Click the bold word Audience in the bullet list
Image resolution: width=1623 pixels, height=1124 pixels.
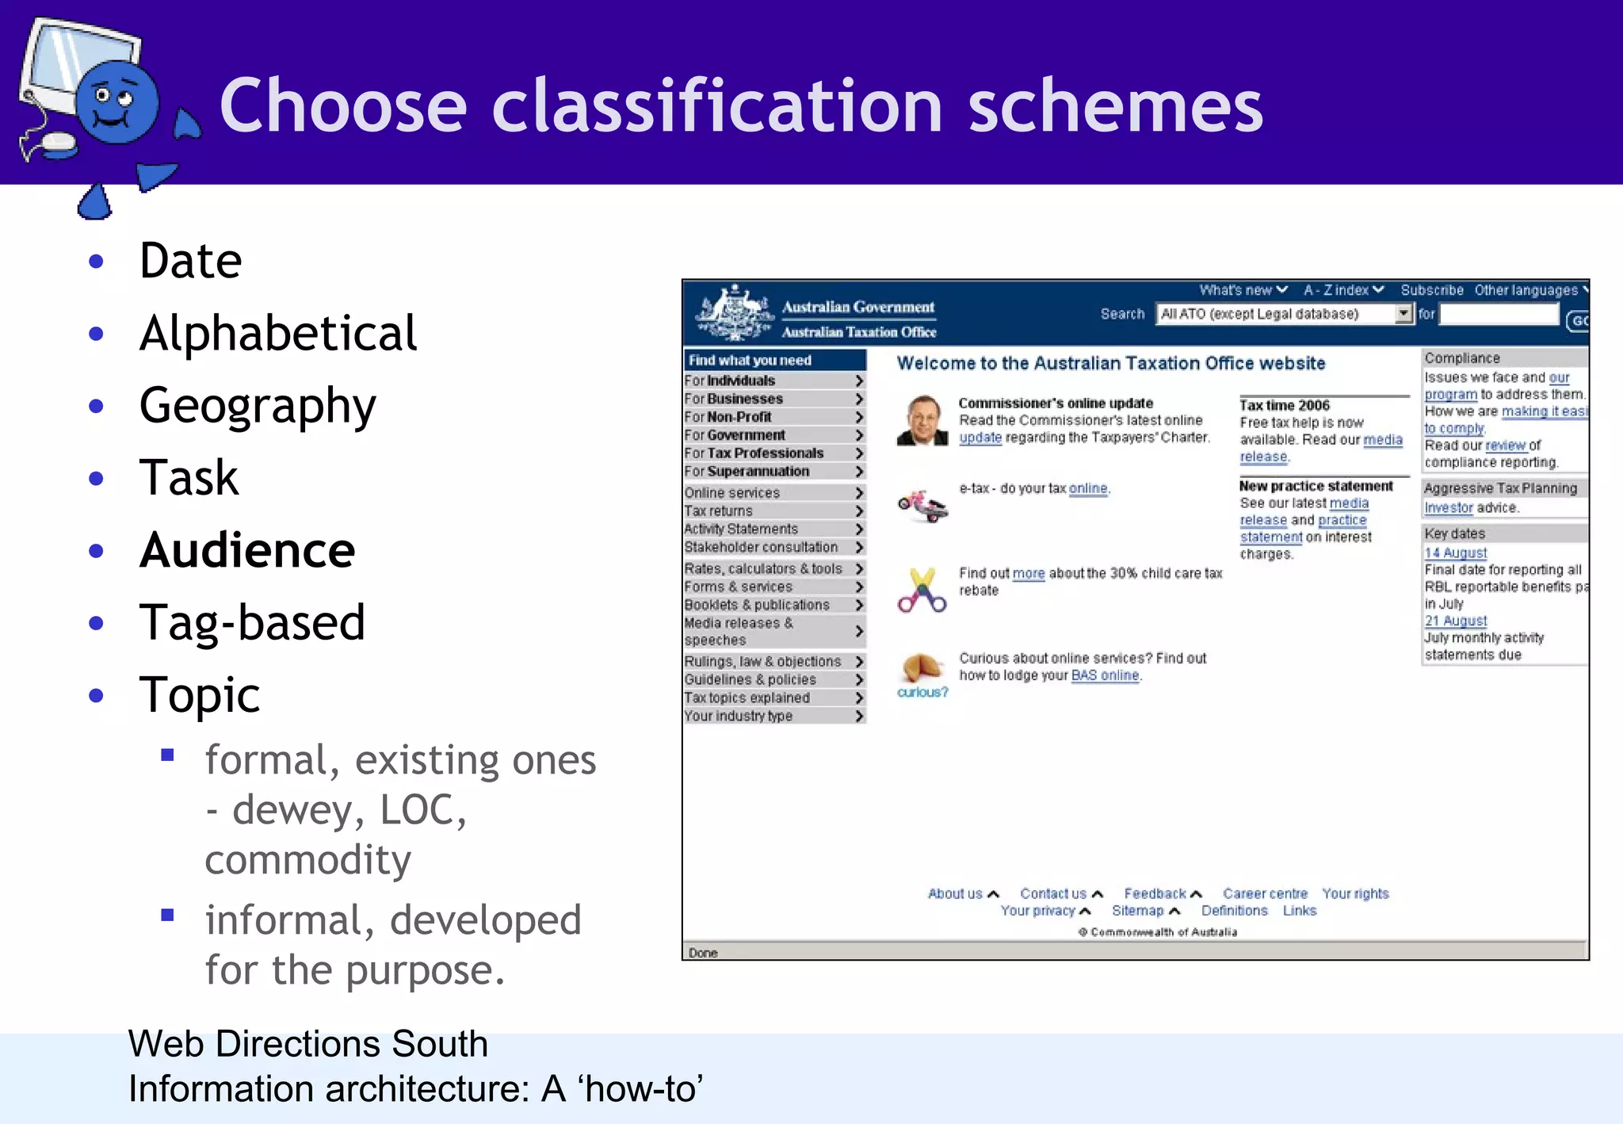247,550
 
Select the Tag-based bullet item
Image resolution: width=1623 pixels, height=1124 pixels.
252,622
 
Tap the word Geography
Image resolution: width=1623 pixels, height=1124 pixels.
258,406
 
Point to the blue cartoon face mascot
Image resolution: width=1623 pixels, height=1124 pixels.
116,103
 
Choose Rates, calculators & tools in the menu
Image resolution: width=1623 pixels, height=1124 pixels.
763,569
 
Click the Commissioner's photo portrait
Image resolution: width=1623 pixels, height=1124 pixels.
922,421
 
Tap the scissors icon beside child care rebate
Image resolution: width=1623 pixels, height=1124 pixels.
922,591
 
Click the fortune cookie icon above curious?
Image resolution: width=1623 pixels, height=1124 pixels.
922,667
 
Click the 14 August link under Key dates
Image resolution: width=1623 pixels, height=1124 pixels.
1455,552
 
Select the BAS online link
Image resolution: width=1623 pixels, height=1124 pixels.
1105,675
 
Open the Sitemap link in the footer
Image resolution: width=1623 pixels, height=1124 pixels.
1137,911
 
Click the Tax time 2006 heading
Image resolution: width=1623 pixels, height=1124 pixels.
1284,405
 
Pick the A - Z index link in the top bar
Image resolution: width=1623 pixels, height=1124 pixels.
1337,290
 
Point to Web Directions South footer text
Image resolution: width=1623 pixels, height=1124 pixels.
307,1043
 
